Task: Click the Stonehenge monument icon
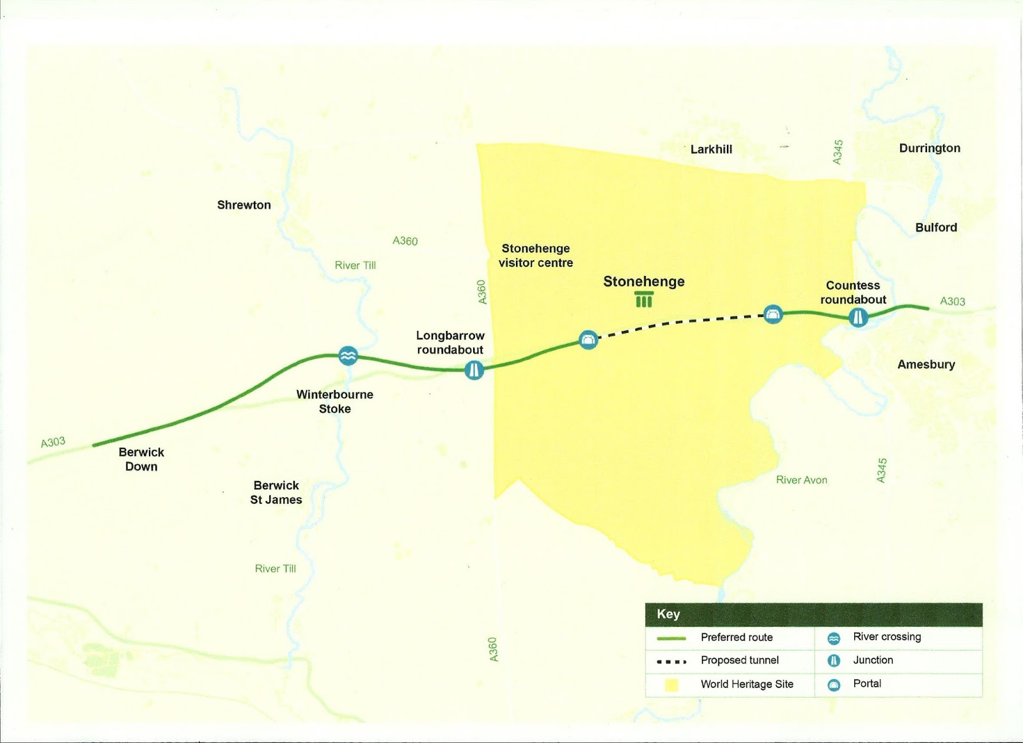[x=644, y=299]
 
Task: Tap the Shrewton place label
[x=244, y=205]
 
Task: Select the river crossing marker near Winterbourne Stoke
[x=348, y=356]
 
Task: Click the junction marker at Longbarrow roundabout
[x=474, y=369]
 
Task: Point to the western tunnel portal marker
[x=588, y=340]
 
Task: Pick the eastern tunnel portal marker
[x=774, y=314]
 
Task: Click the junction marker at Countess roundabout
[x=858, y=317]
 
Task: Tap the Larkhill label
[x=711, y=149]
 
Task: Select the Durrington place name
[x=929, y=148]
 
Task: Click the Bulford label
[x=935, y=227]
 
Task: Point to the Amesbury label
[x=926, y=365]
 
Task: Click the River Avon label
[x=801, y=480]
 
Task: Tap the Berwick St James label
[x=276, y=493]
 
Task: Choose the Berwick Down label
[x=141, y=459]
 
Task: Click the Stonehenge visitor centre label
[x=536, y=256]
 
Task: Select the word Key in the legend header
[x=668, y=614]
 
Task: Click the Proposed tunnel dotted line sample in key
[x=671, y=661]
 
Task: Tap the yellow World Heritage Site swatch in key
[x=671, y=685]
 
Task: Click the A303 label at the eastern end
[x=952, y=302]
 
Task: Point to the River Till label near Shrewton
[x=355, y=266]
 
